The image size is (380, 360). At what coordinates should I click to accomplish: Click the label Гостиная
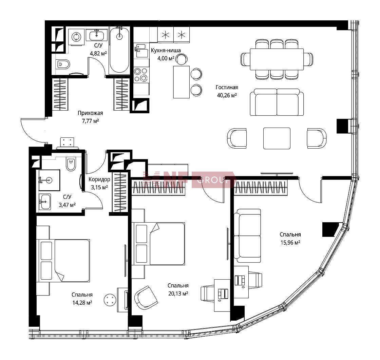227,87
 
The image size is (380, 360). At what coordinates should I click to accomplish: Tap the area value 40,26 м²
227,95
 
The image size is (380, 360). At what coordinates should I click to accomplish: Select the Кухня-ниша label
166,51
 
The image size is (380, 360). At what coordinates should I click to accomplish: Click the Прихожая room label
90,113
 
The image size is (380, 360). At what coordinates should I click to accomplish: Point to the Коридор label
99,179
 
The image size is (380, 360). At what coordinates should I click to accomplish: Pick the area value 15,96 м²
290,242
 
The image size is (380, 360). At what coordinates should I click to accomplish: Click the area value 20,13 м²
178,293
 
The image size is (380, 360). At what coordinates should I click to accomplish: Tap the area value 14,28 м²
82,303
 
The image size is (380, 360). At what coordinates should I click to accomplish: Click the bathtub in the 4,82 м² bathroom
119,50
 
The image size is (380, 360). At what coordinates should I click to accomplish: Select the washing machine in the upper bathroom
76,37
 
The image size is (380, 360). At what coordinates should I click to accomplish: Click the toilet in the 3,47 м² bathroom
71,164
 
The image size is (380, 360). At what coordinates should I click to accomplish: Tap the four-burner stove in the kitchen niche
141,75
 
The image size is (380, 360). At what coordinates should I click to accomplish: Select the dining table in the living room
277,59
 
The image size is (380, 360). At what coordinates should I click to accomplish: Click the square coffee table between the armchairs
277,138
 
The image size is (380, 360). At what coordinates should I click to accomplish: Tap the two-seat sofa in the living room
277,102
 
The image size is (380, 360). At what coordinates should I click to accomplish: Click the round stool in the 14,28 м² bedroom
110,300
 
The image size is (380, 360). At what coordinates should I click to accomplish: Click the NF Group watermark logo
189,179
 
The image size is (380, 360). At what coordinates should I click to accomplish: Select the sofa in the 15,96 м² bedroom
247,235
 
